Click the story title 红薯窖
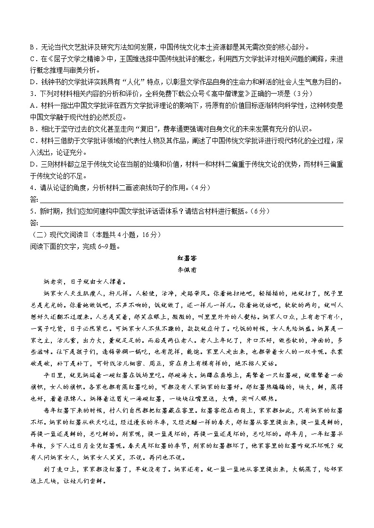(x=187, y=259)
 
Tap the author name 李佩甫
(x=187, y=270)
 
